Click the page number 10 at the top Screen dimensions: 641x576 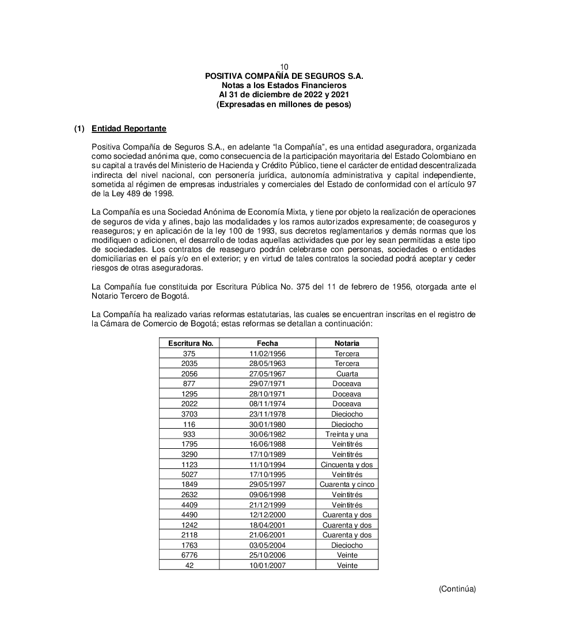tap(284, 67)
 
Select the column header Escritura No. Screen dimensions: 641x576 tap(191, 344)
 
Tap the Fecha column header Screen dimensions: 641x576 tap(267, 344)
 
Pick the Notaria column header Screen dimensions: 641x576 tap(347, 344)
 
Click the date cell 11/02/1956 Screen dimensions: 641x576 tap(267, 354)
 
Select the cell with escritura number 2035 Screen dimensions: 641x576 tap(189, 364)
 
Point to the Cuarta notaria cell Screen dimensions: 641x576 tap(347, 374)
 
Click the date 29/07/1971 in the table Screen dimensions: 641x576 tap(267, 384)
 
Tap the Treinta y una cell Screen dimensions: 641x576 tap(347, 434)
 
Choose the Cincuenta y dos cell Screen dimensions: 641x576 tap(347, 464)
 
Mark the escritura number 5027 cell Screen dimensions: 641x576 tap(189, 475)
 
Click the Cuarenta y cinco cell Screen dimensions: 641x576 tap(347, 484)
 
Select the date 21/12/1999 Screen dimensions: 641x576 tap(267, 505)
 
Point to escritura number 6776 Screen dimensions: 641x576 tap(189, 555)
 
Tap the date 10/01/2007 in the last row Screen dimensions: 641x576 tap(267, 566)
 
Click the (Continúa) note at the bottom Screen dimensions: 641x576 tap(457, 589)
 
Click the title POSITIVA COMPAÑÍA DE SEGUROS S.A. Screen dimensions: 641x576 tap(284, 76)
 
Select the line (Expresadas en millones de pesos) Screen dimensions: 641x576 tap(284, 104)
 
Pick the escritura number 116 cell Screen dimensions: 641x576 tap(189, 424)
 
